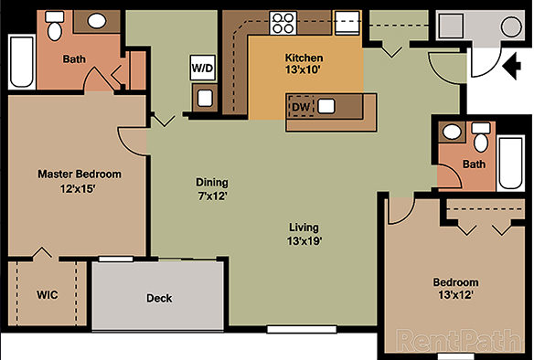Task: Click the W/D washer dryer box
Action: pyautogui.click(x=202, y=67)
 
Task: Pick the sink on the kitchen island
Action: pyautogui.click(x=326, y=106)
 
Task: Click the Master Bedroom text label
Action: pyautogui.click(x=79, y=174)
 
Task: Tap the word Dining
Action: pyautogui.click(x=212, y=182)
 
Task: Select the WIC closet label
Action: pyautogui.click(x=48, y=296)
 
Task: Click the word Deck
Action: pyautogui.click(x=159, y=298)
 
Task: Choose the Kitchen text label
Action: pyautogui.click(x=304, y=58)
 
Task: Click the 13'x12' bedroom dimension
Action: pyautogui.click(x=455, y=296)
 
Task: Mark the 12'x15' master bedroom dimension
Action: pyautogui.click(x=79, y=188)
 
